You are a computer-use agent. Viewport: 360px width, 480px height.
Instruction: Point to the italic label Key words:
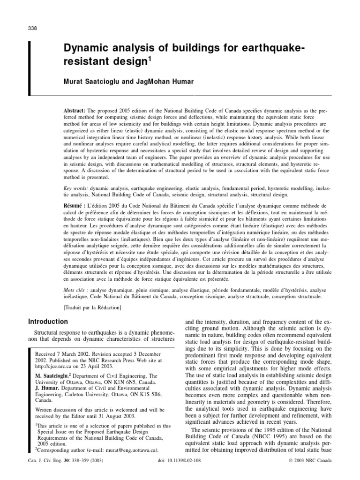pos(75,187)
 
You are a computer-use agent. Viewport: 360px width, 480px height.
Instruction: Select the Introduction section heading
pos(48,322)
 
